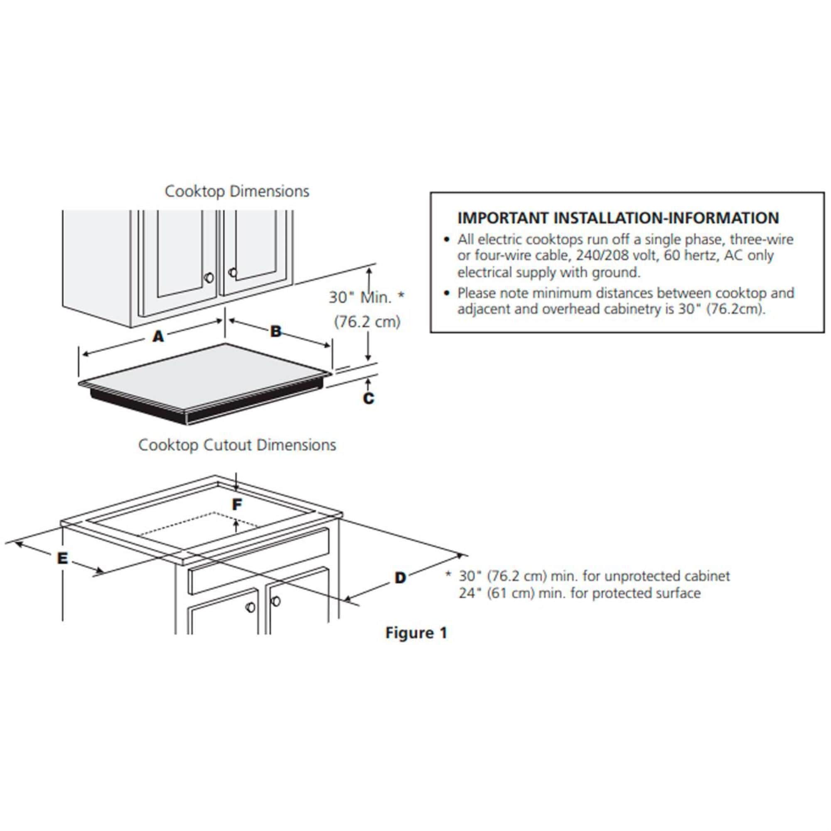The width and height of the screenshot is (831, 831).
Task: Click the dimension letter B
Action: point(275,331)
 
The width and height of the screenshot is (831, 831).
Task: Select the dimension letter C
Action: point(369,399)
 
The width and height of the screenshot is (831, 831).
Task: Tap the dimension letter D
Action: point(400,578)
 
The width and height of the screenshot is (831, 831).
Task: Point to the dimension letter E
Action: point(63,558)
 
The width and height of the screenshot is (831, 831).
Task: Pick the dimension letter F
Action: point(237,504)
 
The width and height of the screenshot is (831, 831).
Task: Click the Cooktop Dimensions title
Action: point(236,192)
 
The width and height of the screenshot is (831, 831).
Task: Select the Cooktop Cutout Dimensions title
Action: point(237,445)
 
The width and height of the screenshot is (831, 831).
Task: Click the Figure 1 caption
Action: point(416,633)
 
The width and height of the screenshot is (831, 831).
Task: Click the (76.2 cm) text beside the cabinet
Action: point(367,321)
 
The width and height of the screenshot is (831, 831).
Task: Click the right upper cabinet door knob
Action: point(233,272)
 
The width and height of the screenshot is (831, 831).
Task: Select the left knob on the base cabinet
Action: point(250,607)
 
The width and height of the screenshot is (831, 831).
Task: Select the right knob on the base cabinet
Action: point(275,601)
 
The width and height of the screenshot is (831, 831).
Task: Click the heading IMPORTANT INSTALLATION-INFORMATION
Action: point(618,218)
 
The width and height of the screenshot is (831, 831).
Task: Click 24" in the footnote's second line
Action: point(467,593)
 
